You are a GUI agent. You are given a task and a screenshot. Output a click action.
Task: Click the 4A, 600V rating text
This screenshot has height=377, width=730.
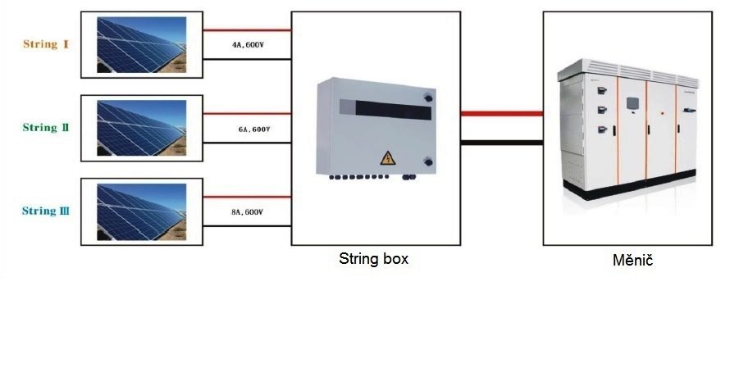coord(248,44)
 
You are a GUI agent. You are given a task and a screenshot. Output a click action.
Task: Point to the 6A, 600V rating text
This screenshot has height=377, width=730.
coord(253,129)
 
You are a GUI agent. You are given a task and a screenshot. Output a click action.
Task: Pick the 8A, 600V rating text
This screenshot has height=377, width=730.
coord(247,212)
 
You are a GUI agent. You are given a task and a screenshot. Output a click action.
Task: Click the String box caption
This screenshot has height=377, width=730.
coord(373,259)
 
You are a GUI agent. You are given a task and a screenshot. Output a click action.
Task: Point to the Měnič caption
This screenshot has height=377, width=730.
coord(632,261)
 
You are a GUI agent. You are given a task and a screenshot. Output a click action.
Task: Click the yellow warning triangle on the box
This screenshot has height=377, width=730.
coord(385,157)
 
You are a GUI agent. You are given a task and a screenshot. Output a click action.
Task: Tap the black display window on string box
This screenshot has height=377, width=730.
coord(386,107)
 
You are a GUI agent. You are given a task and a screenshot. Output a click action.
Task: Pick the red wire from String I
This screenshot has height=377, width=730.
coord(246,30)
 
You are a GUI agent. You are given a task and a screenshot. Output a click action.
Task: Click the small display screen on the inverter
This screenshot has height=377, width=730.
coord(632,103)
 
